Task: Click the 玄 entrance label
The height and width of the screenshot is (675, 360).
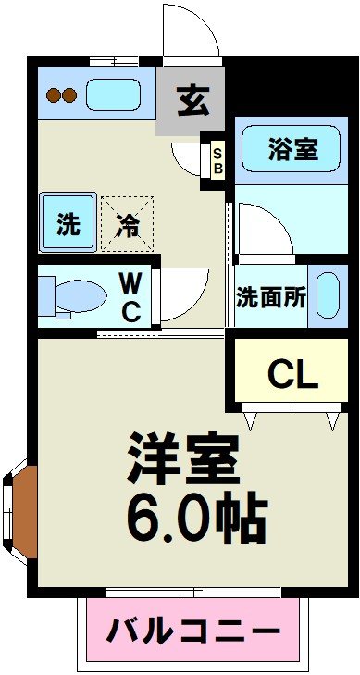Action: pos(192,99)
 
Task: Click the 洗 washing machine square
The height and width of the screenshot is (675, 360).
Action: pos(68,224)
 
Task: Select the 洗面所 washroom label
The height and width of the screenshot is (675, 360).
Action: pos(270,298)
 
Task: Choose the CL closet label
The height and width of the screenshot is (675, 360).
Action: pos(292,373)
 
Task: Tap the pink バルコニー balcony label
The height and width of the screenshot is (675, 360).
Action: pos(193,633)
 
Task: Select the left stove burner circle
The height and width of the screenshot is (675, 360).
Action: pos(54,94)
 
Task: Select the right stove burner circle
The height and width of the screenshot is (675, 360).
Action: pos(69,94)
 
